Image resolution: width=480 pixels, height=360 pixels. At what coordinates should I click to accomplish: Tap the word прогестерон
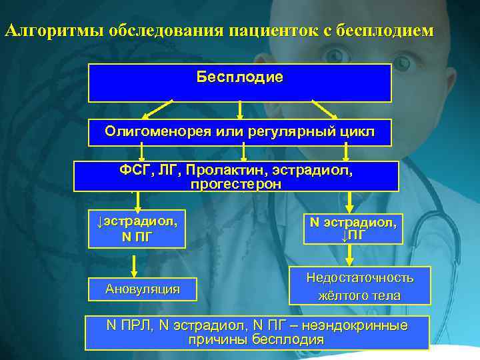pos(236,184)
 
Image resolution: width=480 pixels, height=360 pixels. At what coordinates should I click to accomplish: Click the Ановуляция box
pos(143,289)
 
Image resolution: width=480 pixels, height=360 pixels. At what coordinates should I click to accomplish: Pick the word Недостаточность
pos(360,277)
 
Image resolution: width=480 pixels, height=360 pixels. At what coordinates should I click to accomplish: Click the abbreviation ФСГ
pos(134,170)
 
